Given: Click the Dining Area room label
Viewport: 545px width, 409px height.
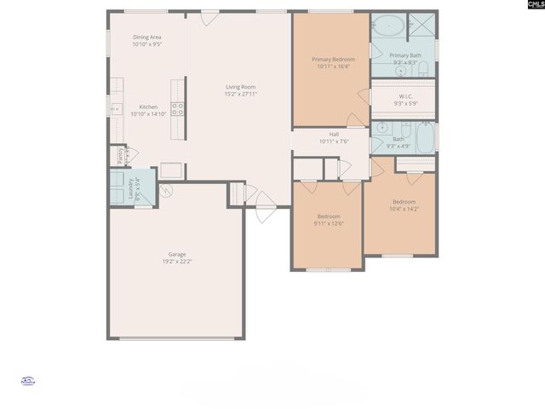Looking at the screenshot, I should (146, 37).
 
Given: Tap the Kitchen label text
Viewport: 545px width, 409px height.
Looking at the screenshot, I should (148, 107).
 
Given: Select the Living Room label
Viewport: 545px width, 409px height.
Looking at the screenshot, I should (240, 87).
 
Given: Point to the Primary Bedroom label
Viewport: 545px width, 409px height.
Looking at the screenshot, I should (333, 59).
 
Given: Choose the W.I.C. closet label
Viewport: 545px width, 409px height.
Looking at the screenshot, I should (404, 96).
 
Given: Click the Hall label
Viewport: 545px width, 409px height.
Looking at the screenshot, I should (335, 134).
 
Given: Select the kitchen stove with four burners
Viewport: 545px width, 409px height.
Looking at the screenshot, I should (178, 108).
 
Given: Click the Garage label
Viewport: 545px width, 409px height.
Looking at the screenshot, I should (177, 254).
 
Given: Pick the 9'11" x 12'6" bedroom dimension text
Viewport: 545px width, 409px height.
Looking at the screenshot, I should (329, 224).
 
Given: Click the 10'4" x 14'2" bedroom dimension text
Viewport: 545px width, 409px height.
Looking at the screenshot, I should (403, 209).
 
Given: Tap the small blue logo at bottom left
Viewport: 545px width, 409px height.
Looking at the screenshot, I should (27, 382).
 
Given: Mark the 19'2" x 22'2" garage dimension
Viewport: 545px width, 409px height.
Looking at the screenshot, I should (177, 262).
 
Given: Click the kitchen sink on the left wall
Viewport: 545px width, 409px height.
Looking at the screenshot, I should (115, 107).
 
